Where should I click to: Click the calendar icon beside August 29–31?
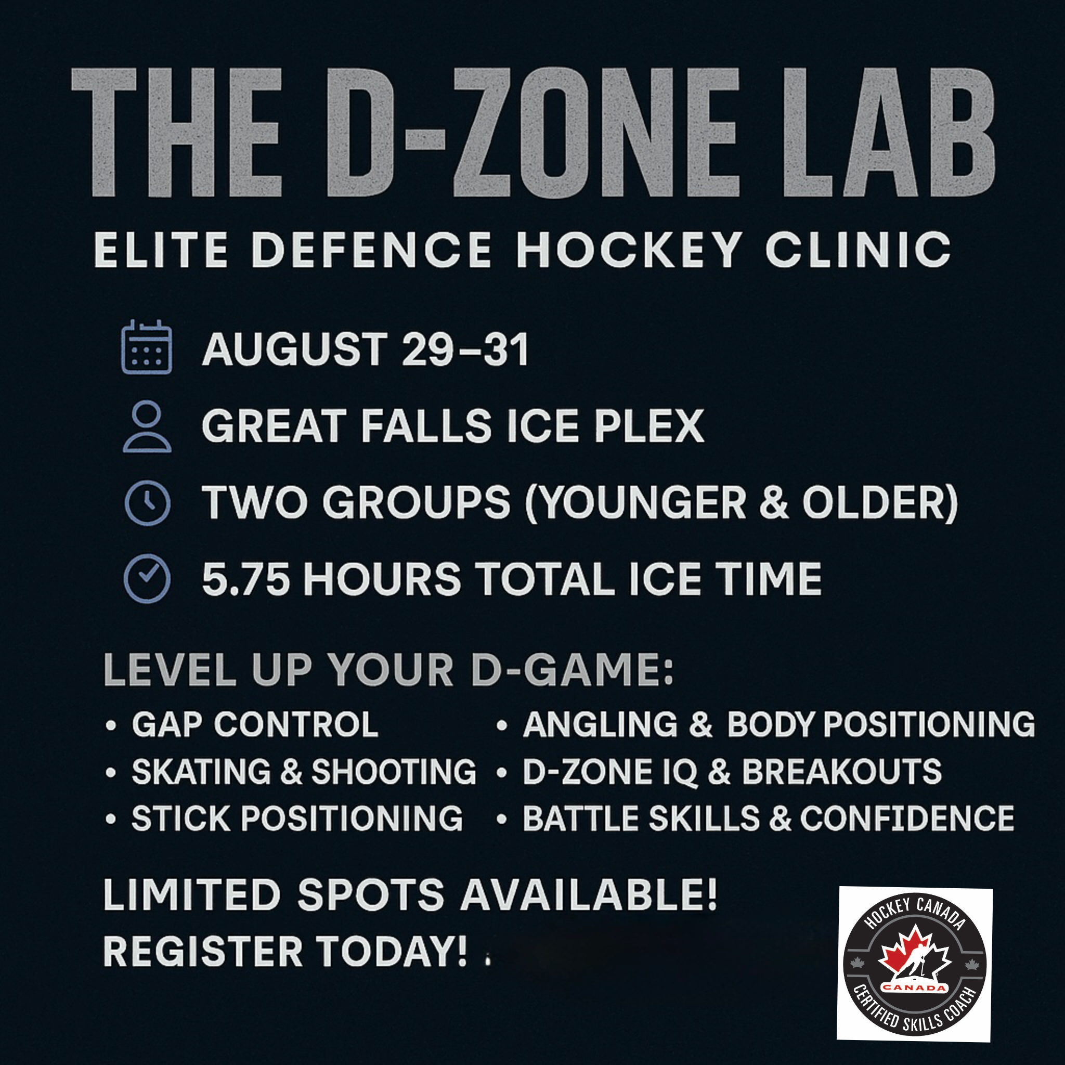click(x=146, y=347)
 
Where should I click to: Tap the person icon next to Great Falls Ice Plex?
click(x=147, y=426)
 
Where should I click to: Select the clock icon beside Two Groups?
click(x=147, y=503)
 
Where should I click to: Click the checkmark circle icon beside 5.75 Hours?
click(x=147, y=579)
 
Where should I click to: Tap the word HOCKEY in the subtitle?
click(x=629, y=250)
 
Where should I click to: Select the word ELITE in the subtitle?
click(x=160, y=250)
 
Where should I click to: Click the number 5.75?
click(x=246, y=579)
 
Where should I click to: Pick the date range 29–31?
click(x=465, y=349)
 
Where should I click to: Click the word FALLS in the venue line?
click(x=426, y=426)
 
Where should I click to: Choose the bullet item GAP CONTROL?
click(x=255, y=724)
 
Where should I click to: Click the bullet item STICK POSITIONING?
click(x=297, y=817)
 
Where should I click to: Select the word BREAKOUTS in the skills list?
click(x=842, y=771)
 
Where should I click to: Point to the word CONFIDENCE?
click(x=907, y=817)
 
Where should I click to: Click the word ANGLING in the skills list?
click(x=600, y=724)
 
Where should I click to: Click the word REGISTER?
click(x=203, y=952)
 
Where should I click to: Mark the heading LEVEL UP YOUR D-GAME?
click(x=388, y=670)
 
